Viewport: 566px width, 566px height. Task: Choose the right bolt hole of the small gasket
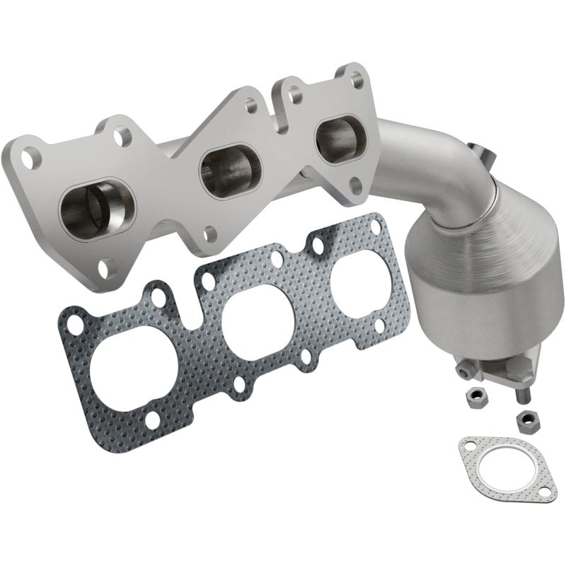546,486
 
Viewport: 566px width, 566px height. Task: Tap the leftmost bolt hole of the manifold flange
28,156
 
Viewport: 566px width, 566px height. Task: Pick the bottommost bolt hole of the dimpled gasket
153,422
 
